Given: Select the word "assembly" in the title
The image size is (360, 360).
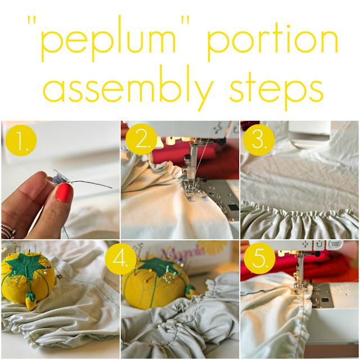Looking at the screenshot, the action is tap(129, 88).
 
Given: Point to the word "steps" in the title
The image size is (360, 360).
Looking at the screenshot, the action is tap(276, 90).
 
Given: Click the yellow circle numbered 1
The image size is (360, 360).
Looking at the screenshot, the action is tap(21, 140).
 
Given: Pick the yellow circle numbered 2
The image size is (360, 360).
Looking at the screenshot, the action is tap(141, 139).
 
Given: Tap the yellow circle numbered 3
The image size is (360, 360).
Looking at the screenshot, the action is tap(259, 140).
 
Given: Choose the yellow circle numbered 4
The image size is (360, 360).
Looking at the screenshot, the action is tap(121, 259).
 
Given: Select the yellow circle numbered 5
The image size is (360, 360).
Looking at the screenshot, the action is tap(259, 258).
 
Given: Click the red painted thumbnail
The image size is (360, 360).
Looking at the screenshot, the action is tap(64, 193).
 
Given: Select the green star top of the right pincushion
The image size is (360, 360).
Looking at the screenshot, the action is tap(159, 267).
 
